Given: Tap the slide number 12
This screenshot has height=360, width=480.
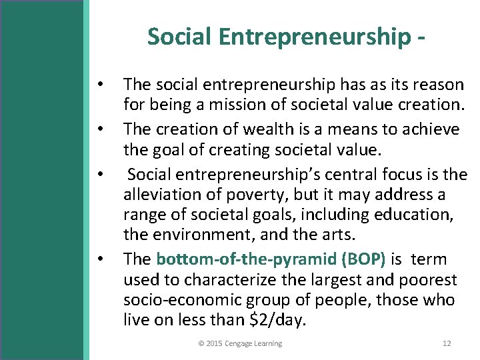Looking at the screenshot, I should coord(447,343).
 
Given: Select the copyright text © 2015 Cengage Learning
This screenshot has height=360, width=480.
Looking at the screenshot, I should coord(240,343).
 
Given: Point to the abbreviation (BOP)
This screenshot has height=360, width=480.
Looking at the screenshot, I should coord(364,259).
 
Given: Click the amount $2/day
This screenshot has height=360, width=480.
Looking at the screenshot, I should coord(275,321).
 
